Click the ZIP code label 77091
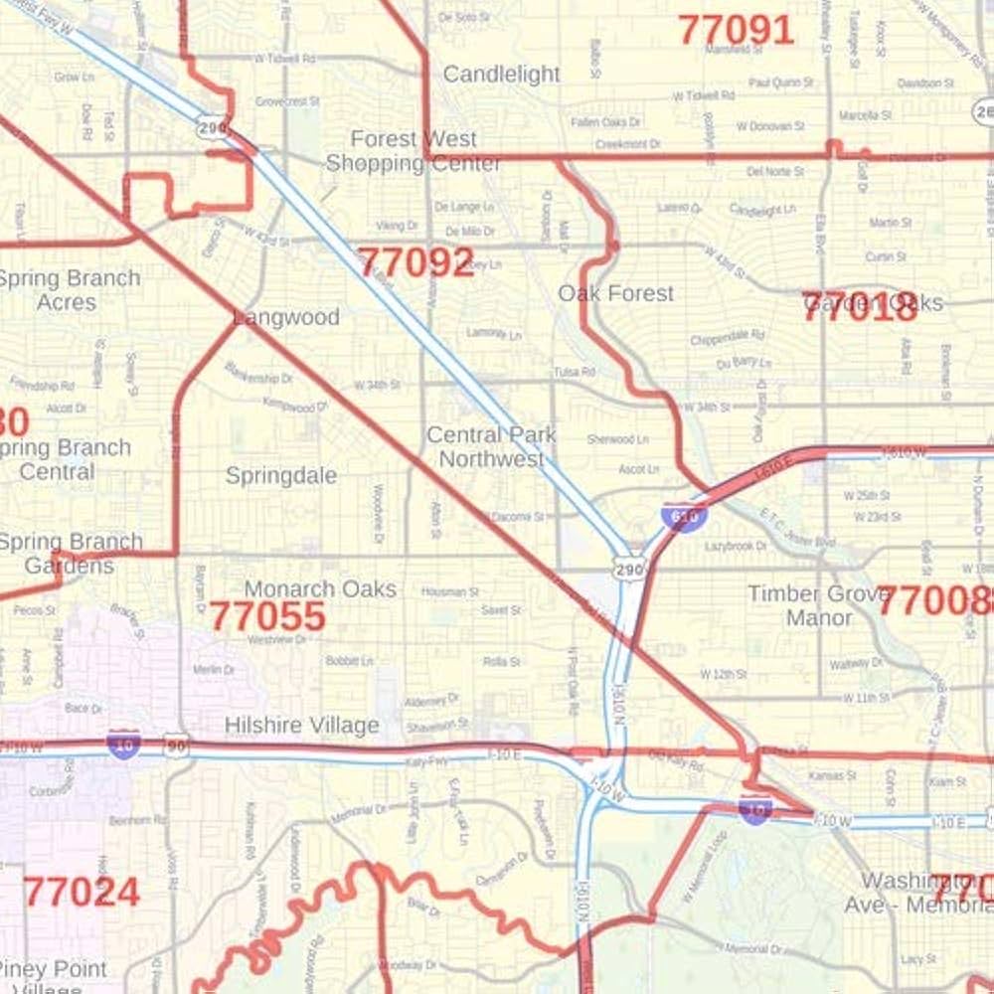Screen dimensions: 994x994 point(736,30)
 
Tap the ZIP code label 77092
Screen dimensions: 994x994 point(415,262)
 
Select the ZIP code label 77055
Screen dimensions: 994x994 point(266,616)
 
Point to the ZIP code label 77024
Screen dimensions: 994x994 point(82,892)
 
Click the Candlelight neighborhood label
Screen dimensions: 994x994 point(501,75)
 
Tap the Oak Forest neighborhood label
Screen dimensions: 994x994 point(615,293)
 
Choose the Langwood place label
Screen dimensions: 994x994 point(286,317)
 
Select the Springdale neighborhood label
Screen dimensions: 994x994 point(280,475)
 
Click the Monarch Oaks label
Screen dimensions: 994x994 point(320,588)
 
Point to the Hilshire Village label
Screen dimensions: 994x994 point(301,726)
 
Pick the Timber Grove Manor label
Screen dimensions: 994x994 point(819,605)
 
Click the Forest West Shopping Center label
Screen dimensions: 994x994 point(414,151)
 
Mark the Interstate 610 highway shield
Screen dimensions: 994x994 point(683,516)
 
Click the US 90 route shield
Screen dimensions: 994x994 point(177,747)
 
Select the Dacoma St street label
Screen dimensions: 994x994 point(518,517)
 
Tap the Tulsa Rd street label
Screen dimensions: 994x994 point(575,372)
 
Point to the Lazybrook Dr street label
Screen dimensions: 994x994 point(736,546)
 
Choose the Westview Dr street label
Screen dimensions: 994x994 point(276,640)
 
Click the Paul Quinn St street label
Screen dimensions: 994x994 point(781,83)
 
